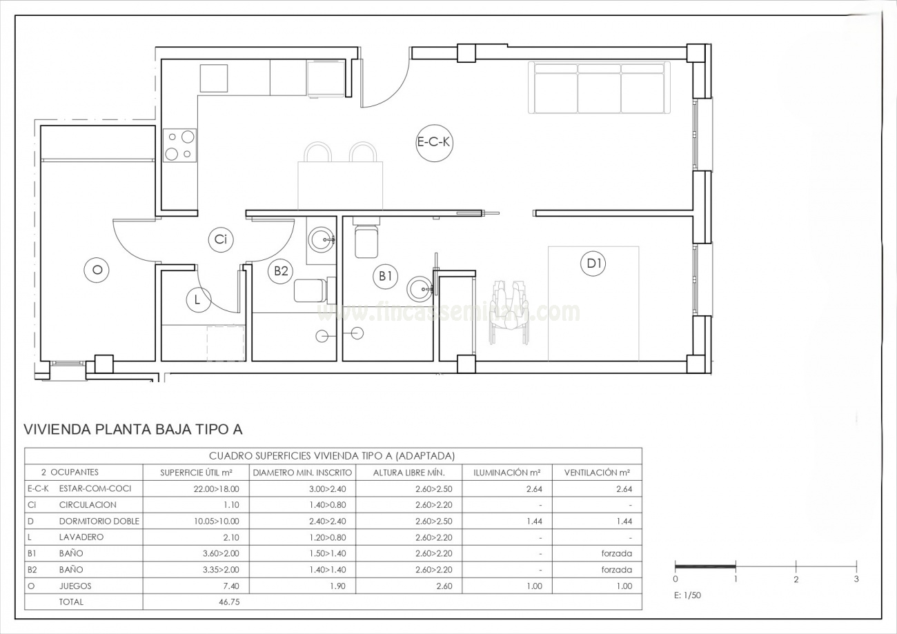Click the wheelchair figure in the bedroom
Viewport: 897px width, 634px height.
click(509, 312)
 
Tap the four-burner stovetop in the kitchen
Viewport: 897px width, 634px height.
click(180, 146)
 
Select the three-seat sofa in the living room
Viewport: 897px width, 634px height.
click(599, 87)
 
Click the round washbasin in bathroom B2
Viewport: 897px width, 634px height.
click(322, 240)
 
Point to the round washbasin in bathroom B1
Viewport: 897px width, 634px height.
click(420, 288)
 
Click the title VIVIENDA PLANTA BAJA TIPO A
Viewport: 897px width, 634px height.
click(133, 430)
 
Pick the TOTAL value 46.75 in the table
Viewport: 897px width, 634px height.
click(230, 602)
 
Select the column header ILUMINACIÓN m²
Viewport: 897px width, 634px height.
click(507, 473)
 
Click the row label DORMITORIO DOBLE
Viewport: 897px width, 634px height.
click(99, 521)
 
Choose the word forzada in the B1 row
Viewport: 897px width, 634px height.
click(617, 553)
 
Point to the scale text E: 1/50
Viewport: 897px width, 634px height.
click(687, 595)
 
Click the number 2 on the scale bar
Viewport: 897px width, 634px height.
click(796, 579)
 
